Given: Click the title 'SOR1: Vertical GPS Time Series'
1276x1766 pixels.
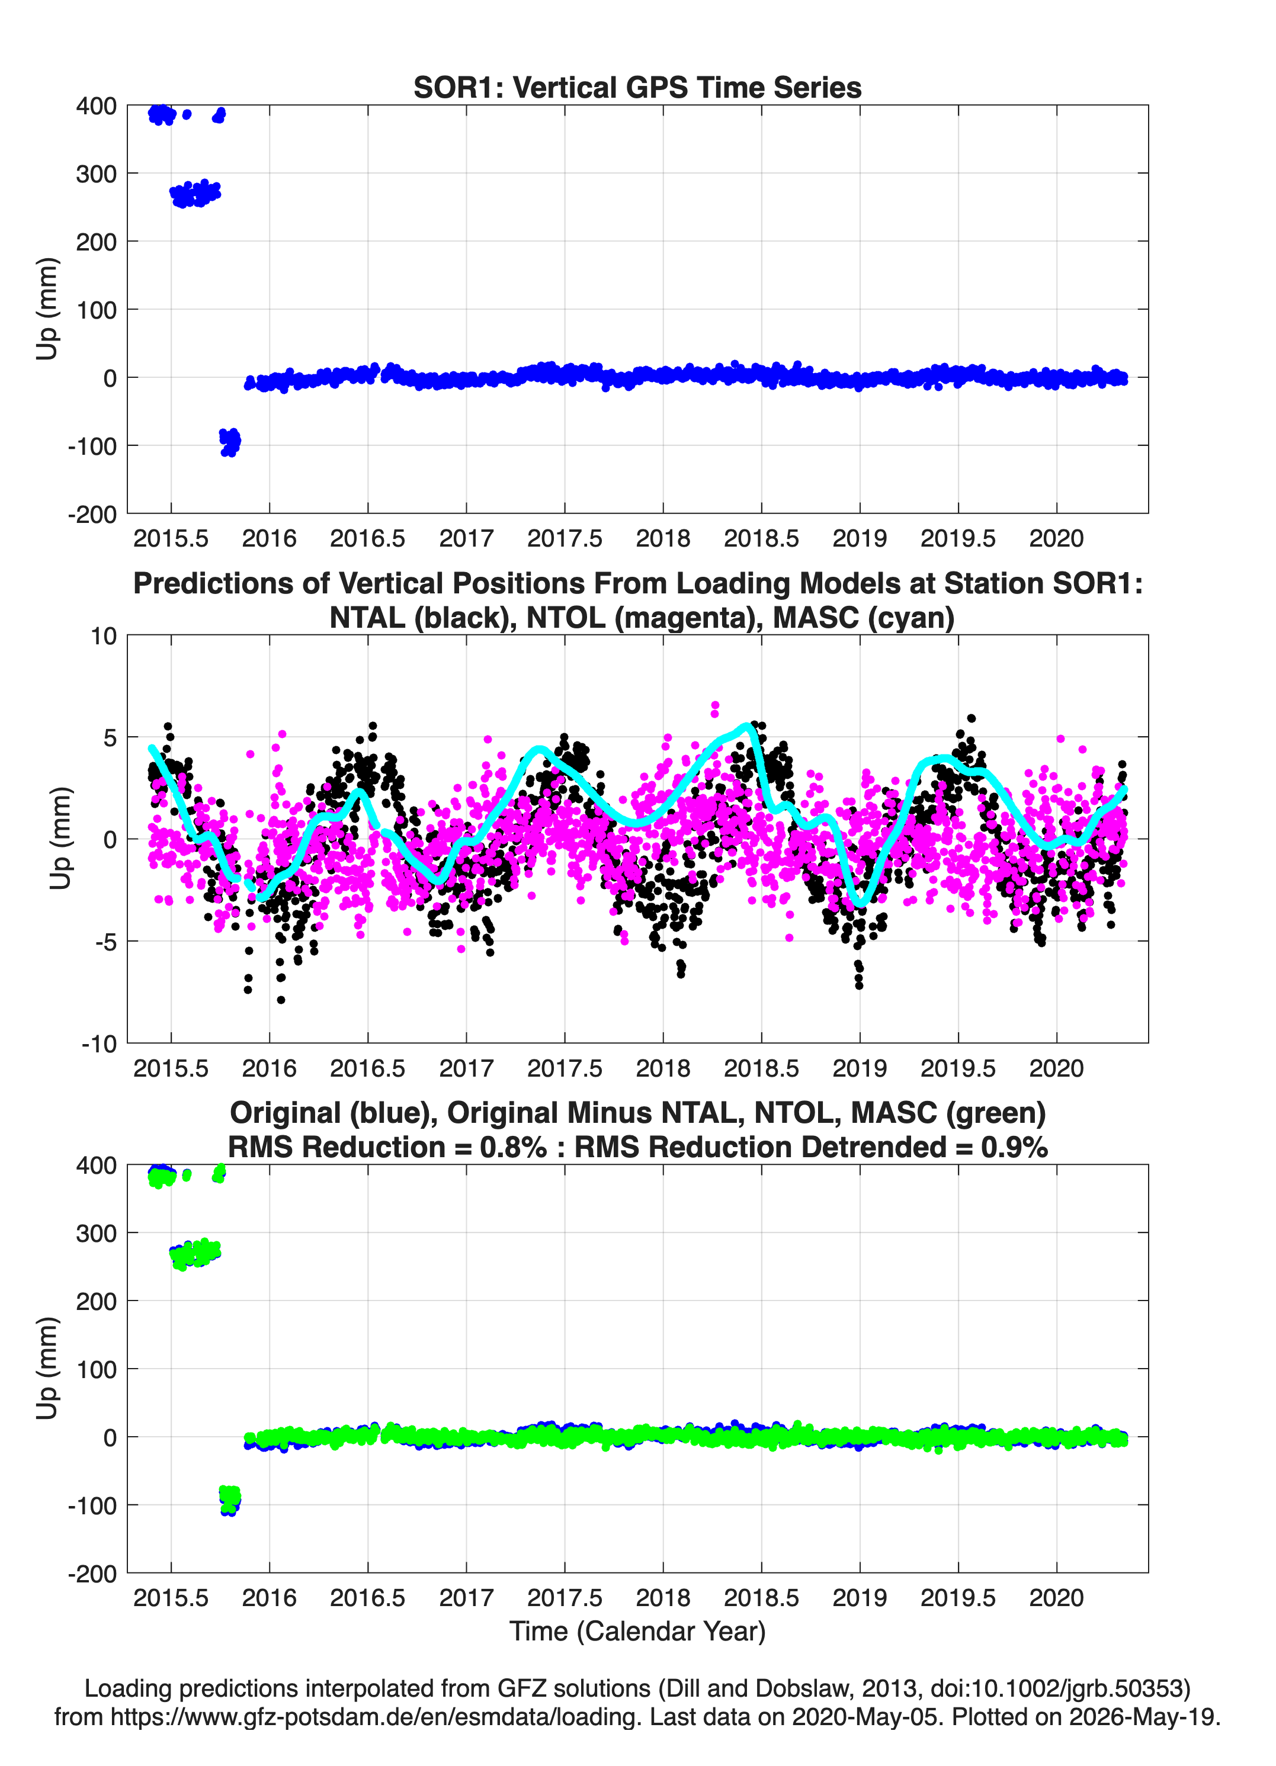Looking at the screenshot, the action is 637,87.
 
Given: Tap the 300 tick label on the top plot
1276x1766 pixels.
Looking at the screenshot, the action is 96,174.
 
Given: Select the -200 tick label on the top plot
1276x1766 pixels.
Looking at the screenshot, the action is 92,514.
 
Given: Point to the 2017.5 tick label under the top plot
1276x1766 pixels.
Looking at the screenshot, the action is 565,538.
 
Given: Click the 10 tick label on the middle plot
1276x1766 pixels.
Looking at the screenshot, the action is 104,636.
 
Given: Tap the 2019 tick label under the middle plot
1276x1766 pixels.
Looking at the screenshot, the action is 860,1068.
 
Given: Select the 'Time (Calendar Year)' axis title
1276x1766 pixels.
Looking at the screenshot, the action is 638,1630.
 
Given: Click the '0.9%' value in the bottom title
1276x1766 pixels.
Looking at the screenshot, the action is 1014,1147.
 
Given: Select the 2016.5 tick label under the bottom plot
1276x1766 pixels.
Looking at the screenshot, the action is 368,1597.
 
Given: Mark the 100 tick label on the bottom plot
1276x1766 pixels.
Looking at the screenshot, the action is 96,1369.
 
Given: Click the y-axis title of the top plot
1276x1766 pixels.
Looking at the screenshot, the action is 47,309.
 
